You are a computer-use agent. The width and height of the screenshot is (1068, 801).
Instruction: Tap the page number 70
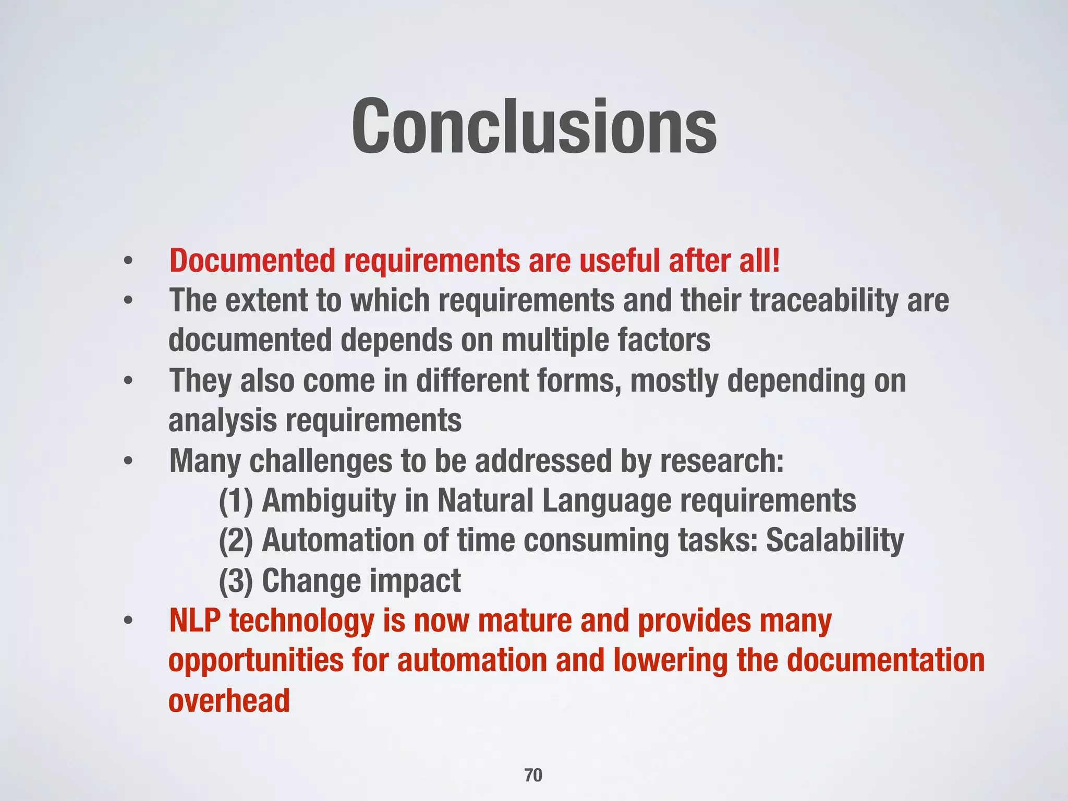[x=533, y=775]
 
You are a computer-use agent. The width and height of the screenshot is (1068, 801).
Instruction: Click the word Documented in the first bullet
[x=252, y=261]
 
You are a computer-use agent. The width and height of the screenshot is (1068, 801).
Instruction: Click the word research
[x=721, y=461]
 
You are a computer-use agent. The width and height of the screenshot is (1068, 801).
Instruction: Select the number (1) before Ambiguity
[x=236, y=501]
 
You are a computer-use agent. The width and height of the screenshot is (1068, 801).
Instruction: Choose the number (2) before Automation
[x=236, y=541]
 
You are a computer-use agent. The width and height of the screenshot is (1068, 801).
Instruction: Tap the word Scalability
[x=834, y=541]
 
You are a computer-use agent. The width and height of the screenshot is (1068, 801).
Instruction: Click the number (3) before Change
[x=236, y=581]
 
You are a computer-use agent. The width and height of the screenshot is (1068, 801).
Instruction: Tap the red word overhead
[x=229, y=700]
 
